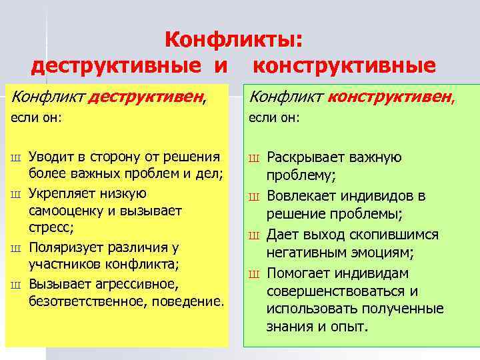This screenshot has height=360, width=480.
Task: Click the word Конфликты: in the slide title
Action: coord(233,41)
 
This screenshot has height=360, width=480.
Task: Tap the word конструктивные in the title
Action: coord(345,66)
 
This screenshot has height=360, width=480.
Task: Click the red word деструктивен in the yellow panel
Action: coord(146,99)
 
